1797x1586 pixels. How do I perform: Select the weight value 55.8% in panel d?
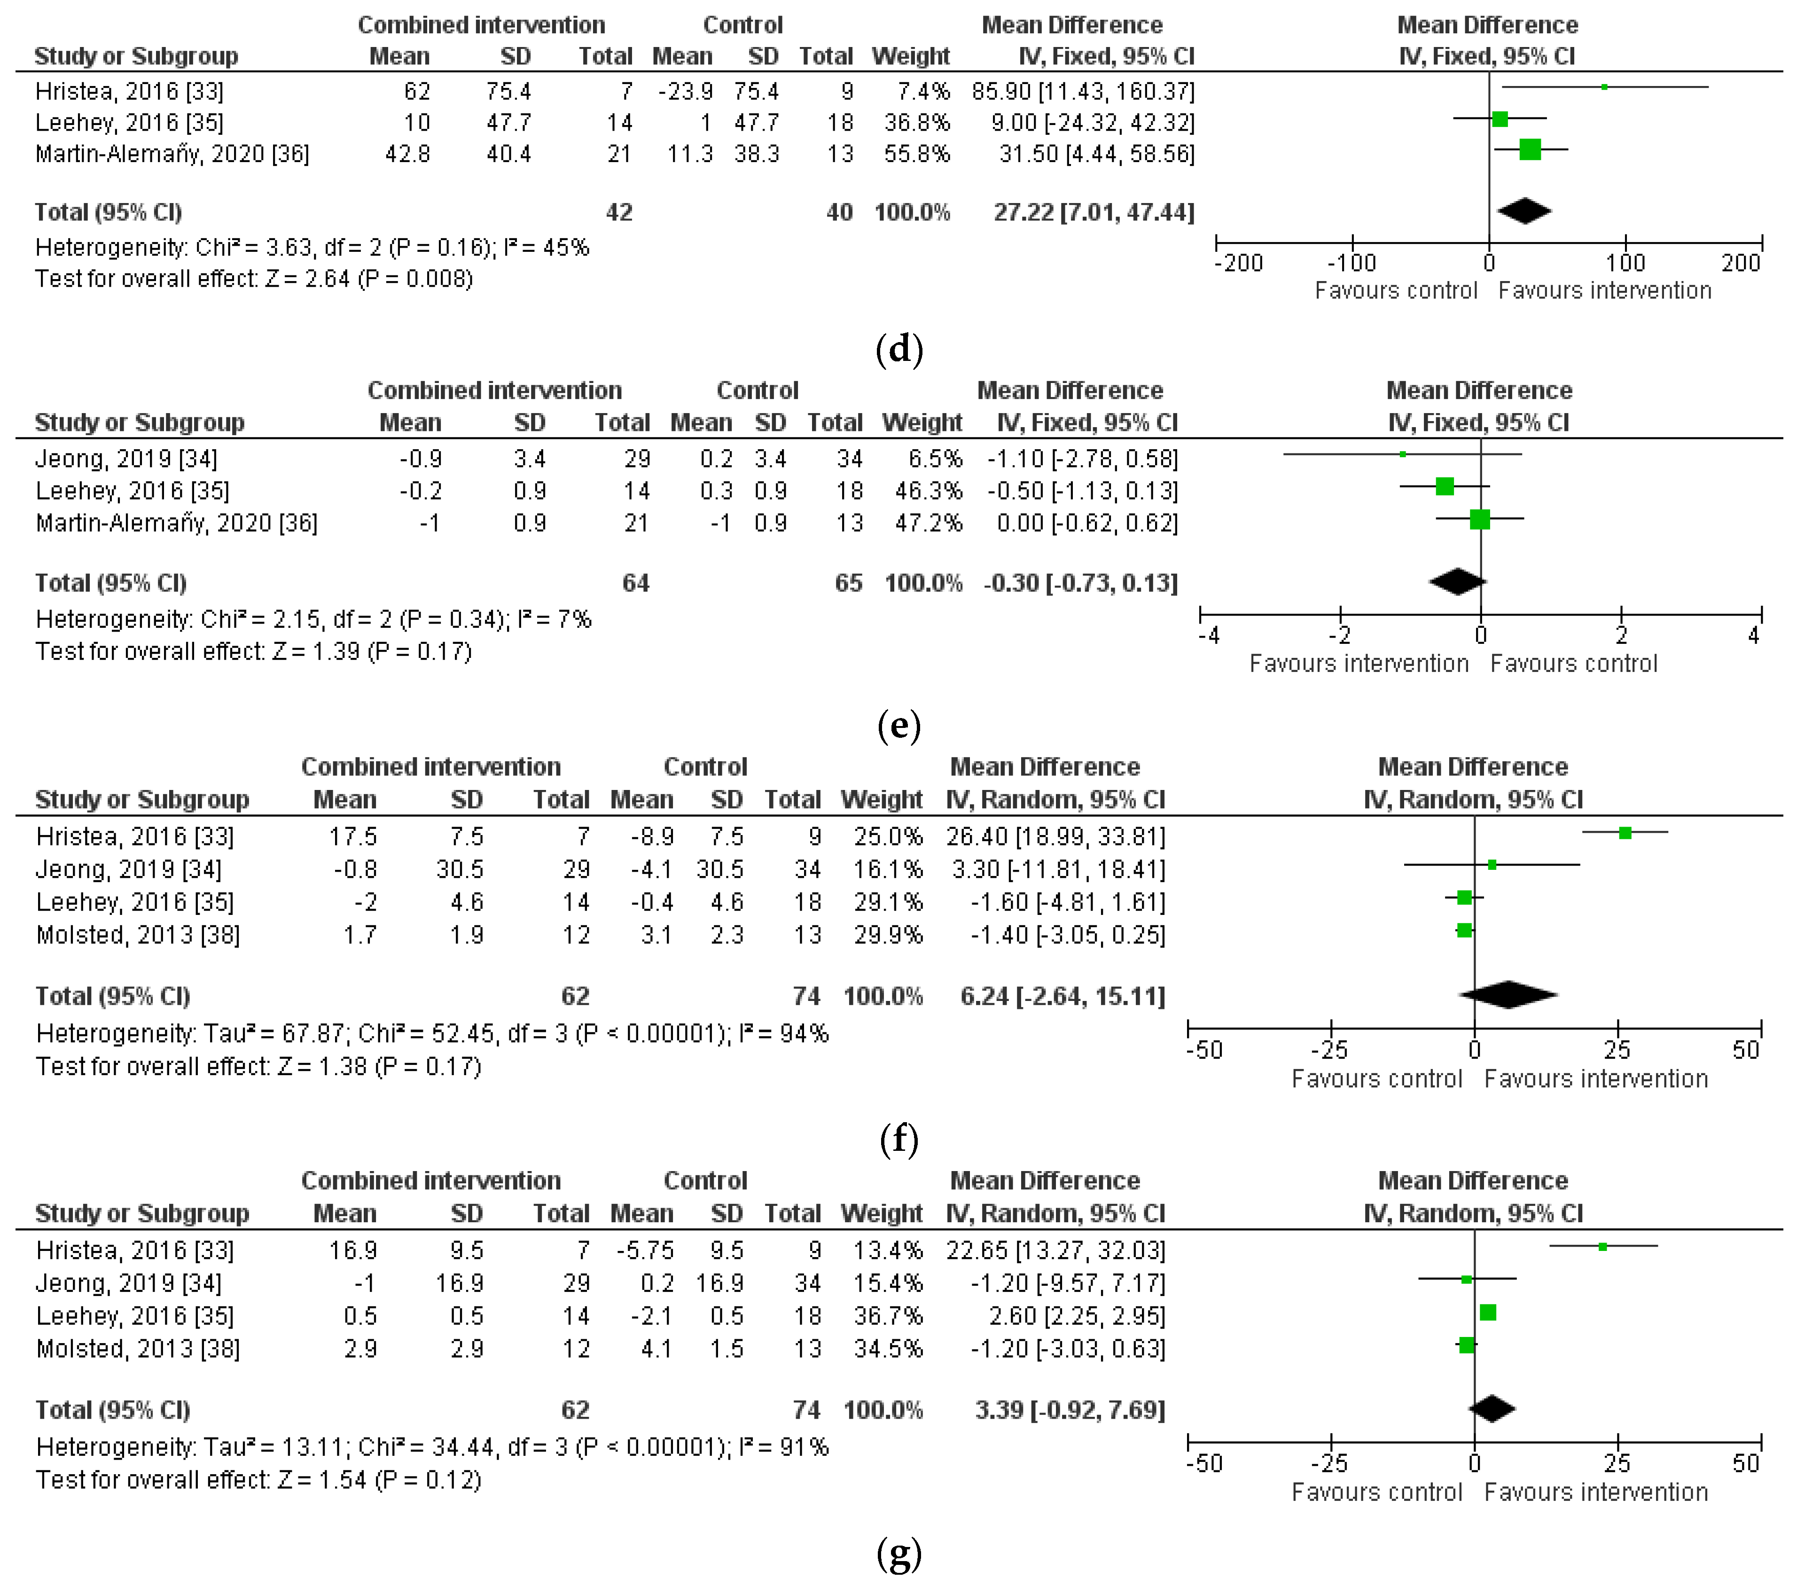tap(917, 154)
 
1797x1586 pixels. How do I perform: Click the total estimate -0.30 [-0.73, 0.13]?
tap(1080, 583)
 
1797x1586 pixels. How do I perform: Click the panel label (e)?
tap(898, 726)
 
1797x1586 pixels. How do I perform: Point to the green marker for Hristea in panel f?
tap(1625, 833)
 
